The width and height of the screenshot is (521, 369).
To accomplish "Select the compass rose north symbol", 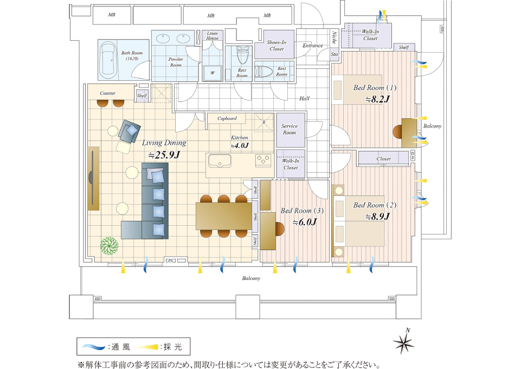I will (x=404, y=343).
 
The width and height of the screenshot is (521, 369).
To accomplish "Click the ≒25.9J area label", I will (x=164, y=155).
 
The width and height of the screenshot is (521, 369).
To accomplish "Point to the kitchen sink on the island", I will (x=220, y=161).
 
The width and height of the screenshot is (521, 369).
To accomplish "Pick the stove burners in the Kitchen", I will (x=263, y=160).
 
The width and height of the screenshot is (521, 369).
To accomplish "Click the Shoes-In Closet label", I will (x=276, y=46).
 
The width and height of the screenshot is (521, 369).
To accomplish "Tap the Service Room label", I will (x=290, y=129).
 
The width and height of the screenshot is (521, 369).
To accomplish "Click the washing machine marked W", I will (x=212, y=73).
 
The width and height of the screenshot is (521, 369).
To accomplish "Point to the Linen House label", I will (x=212, y=35).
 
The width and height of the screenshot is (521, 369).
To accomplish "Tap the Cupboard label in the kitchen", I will (x=227, y=118).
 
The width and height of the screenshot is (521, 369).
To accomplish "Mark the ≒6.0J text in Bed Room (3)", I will (x=304, y=222).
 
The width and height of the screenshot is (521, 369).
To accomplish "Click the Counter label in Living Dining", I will (x=107, y=93).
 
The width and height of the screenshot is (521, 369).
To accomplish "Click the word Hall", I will (x=304, y=99).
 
